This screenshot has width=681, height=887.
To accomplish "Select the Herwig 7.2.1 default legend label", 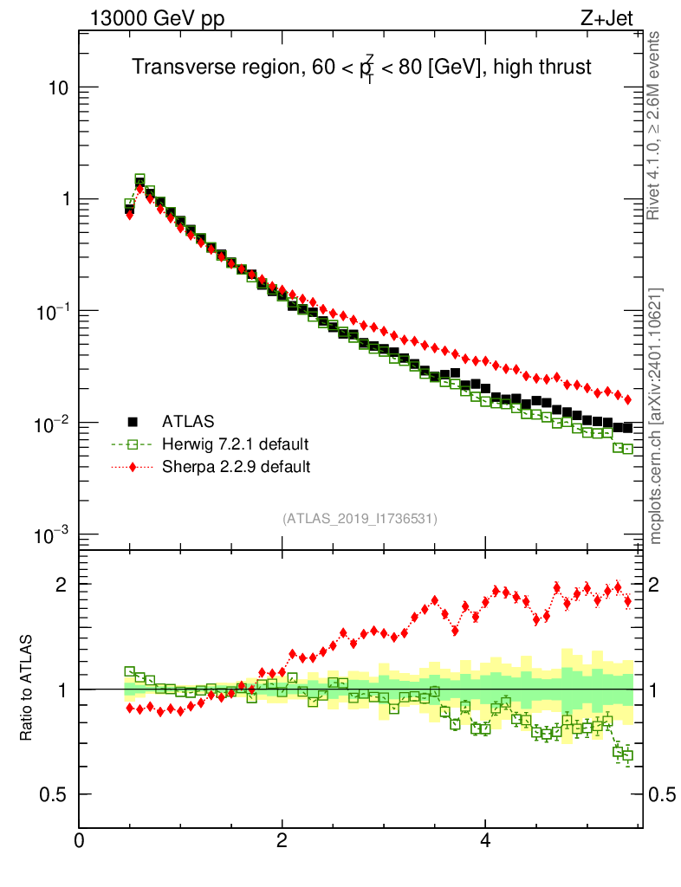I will coord(236,444).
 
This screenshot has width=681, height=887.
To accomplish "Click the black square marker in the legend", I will coord(133,422).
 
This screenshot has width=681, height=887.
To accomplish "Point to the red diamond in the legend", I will coord(133,467).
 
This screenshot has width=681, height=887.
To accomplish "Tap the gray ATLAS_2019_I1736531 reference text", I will coord(360,519).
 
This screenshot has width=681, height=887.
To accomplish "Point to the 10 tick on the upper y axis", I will coord(60,88).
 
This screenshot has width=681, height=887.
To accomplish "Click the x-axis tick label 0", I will coord(80,840).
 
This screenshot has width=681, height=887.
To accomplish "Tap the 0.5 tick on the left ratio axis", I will coord(55,794).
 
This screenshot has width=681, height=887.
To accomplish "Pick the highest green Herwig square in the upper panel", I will coord(139,179).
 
